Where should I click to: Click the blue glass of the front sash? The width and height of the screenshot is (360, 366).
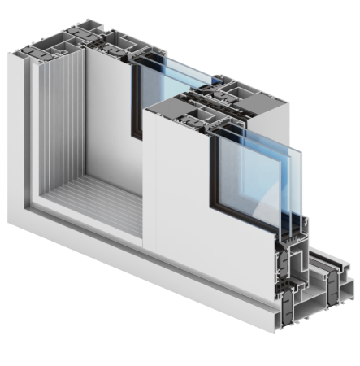pos(248,175)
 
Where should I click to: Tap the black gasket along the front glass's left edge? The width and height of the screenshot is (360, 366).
pos(212,175)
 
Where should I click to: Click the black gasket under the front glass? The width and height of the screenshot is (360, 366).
pos(244,220)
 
